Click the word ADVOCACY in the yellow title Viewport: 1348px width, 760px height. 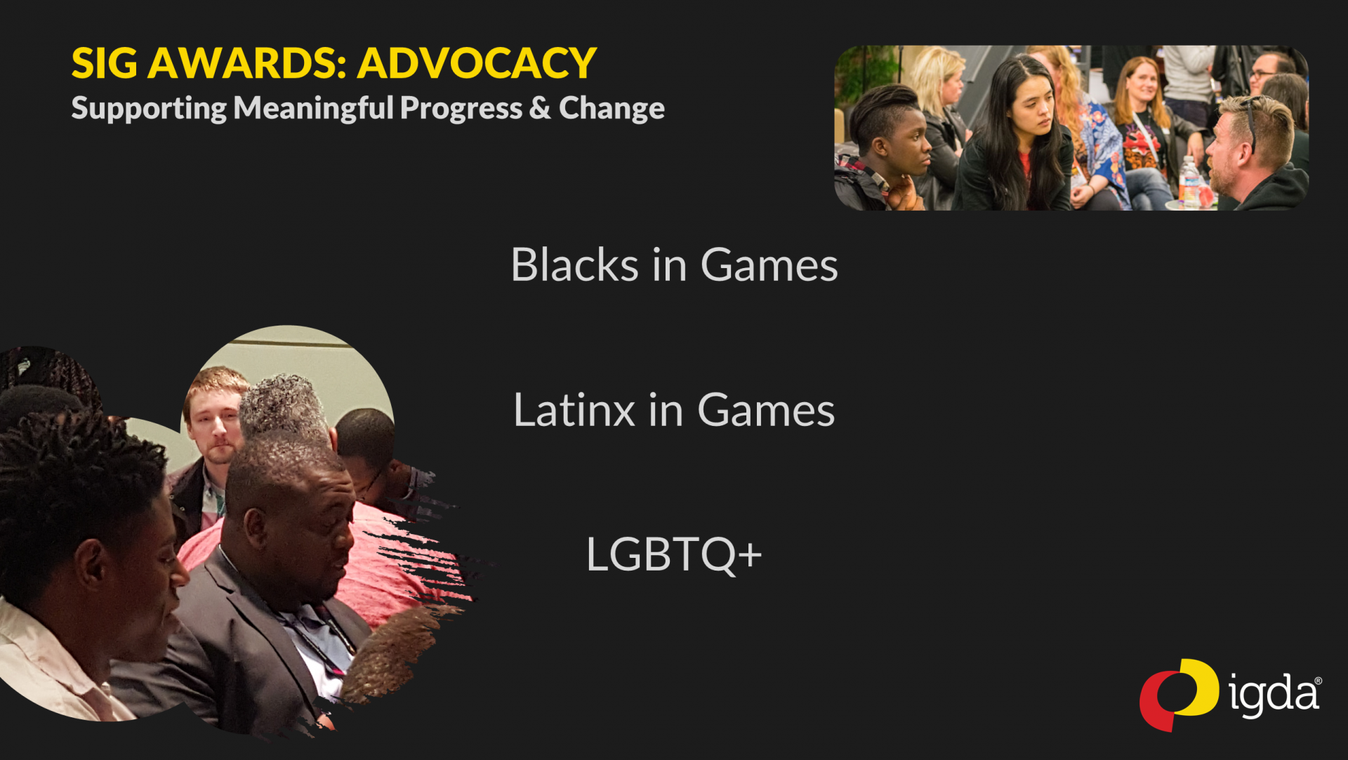477,63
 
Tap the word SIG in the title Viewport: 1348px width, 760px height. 104,63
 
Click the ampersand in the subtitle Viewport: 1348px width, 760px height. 540,108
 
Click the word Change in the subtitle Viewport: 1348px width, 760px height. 612,108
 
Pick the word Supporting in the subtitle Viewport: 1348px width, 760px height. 149,108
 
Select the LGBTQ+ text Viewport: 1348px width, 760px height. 673,554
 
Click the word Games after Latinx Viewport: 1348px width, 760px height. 766,411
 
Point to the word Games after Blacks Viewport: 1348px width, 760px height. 769,265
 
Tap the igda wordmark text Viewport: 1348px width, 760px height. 1274,695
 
